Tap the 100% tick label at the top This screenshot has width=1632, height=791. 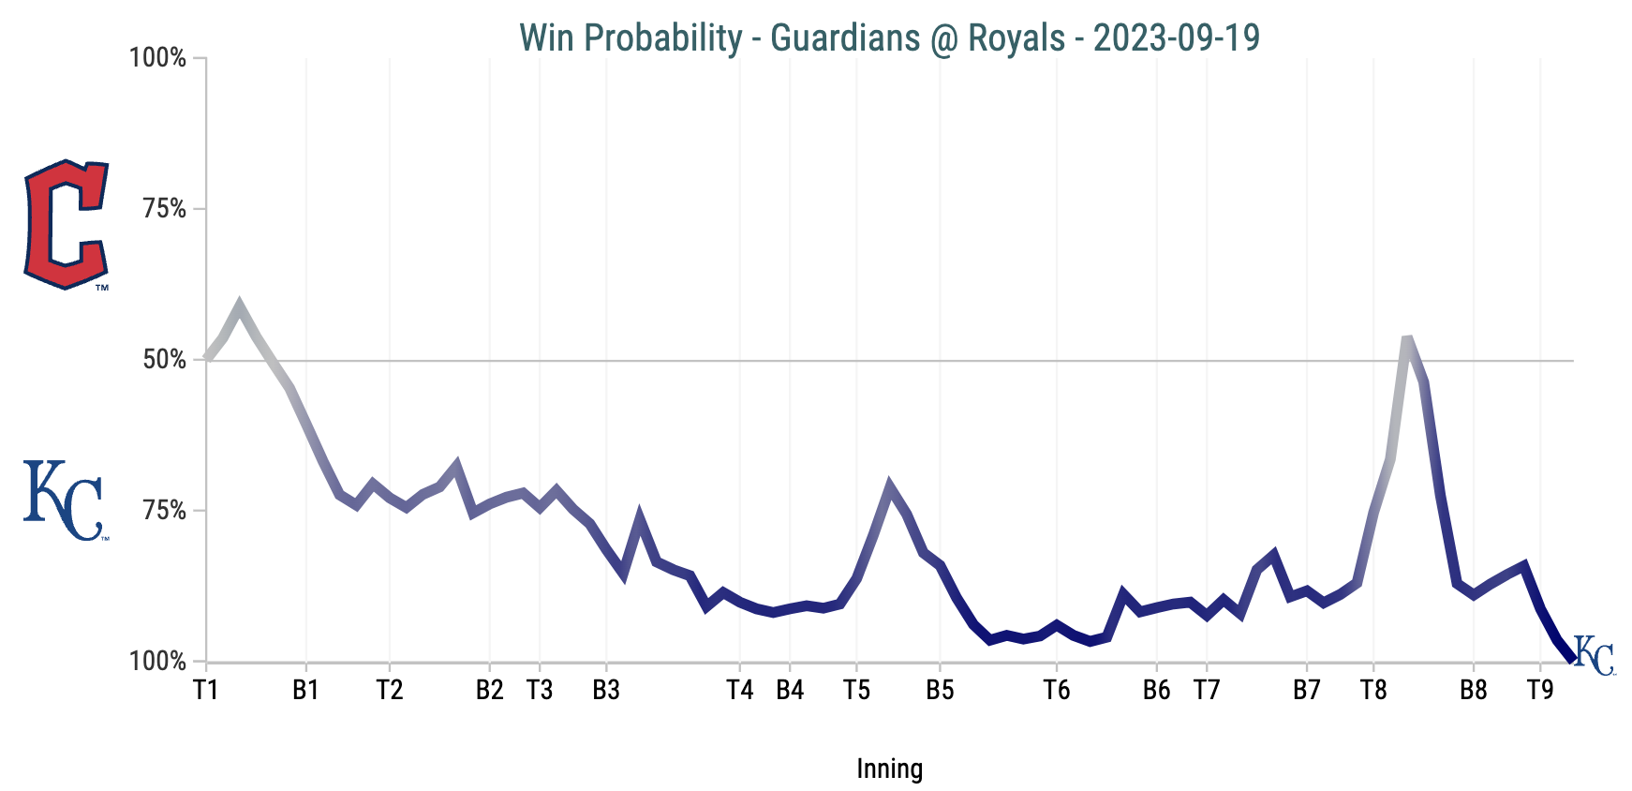157,58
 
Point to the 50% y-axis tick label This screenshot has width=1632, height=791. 164,360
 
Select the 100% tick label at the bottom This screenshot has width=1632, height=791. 157,662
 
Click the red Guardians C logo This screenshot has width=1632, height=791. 67,224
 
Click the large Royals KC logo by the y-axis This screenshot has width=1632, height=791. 63,500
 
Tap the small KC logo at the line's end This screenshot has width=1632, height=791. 1594,655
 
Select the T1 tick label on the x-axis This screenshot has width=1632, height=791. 206,691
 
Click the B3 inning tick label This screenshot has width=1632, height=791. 606,691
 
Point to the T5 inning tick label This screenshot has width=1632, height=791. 856,691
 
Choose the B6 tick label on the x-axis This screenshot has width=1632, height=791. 1157,691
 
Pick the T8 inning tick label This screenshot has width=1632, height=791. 1373,691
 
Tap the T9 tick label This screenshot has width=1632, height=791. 1540,691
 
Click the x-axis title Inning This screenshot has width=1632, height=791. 889,769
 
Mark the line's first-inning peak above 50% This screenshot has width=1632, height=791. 240,306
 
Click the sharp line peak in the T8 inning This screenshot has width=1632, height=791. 1407,338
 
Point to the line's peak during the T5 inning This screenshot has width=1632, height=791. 889,485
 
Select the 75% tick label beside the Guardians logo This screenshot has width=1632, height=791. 164,209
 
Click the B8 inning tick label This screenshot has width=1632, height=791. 1474,691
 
